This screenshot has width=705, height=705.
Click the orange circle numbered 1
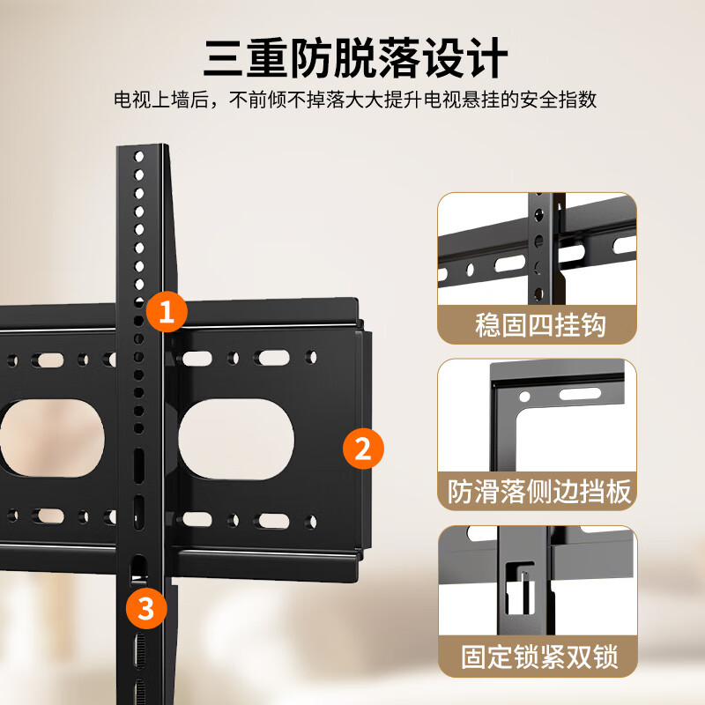pos(166,310)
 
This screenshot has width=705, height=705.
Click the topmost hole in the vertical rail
pos(138,156)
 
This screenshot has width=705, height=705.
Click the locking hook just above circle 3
pos(138,568)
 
